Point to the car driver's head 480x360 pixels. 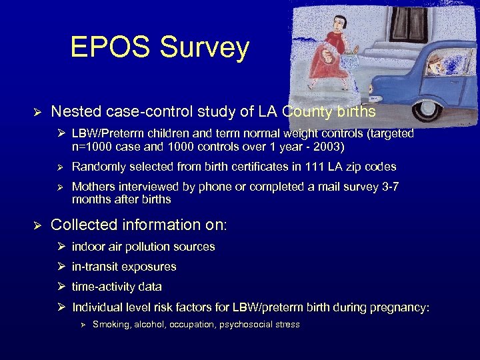click(x=437, y=63)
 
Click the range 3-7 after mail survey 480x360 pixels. click(x=388, y=187)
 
